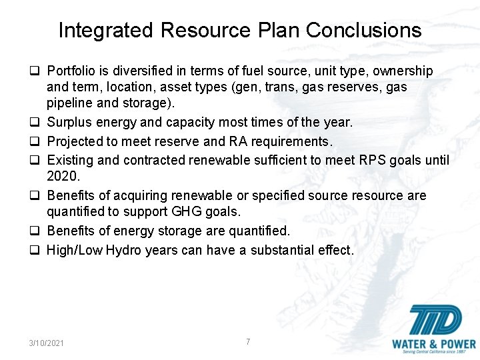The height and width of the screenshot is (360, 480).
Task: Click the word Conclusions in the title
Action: click(x=363, y=31)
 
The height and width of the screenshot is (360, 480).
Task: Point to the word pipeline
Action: click(x=71, y=103)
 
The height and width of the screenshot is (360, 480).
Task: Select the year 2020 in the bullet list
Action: click(x=61, y=176)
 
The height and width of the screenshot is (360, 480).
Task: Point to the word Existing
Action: click(x=69, y=160)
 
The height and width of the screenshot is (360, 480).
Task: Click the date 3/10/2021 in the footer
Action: click(x=47, y=343)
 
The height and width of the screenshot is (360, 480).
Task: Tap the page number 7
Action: click(x=248, y=341)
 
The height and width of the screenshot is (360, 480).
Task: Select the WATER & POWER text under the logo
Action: click(x=433, y=345)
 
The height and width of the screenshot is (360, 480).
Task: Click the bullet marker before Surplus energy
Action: click(x=38, y=123)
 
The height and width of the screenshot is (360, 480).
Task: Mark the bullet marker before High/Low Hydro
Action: click(x=38, y=251)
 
